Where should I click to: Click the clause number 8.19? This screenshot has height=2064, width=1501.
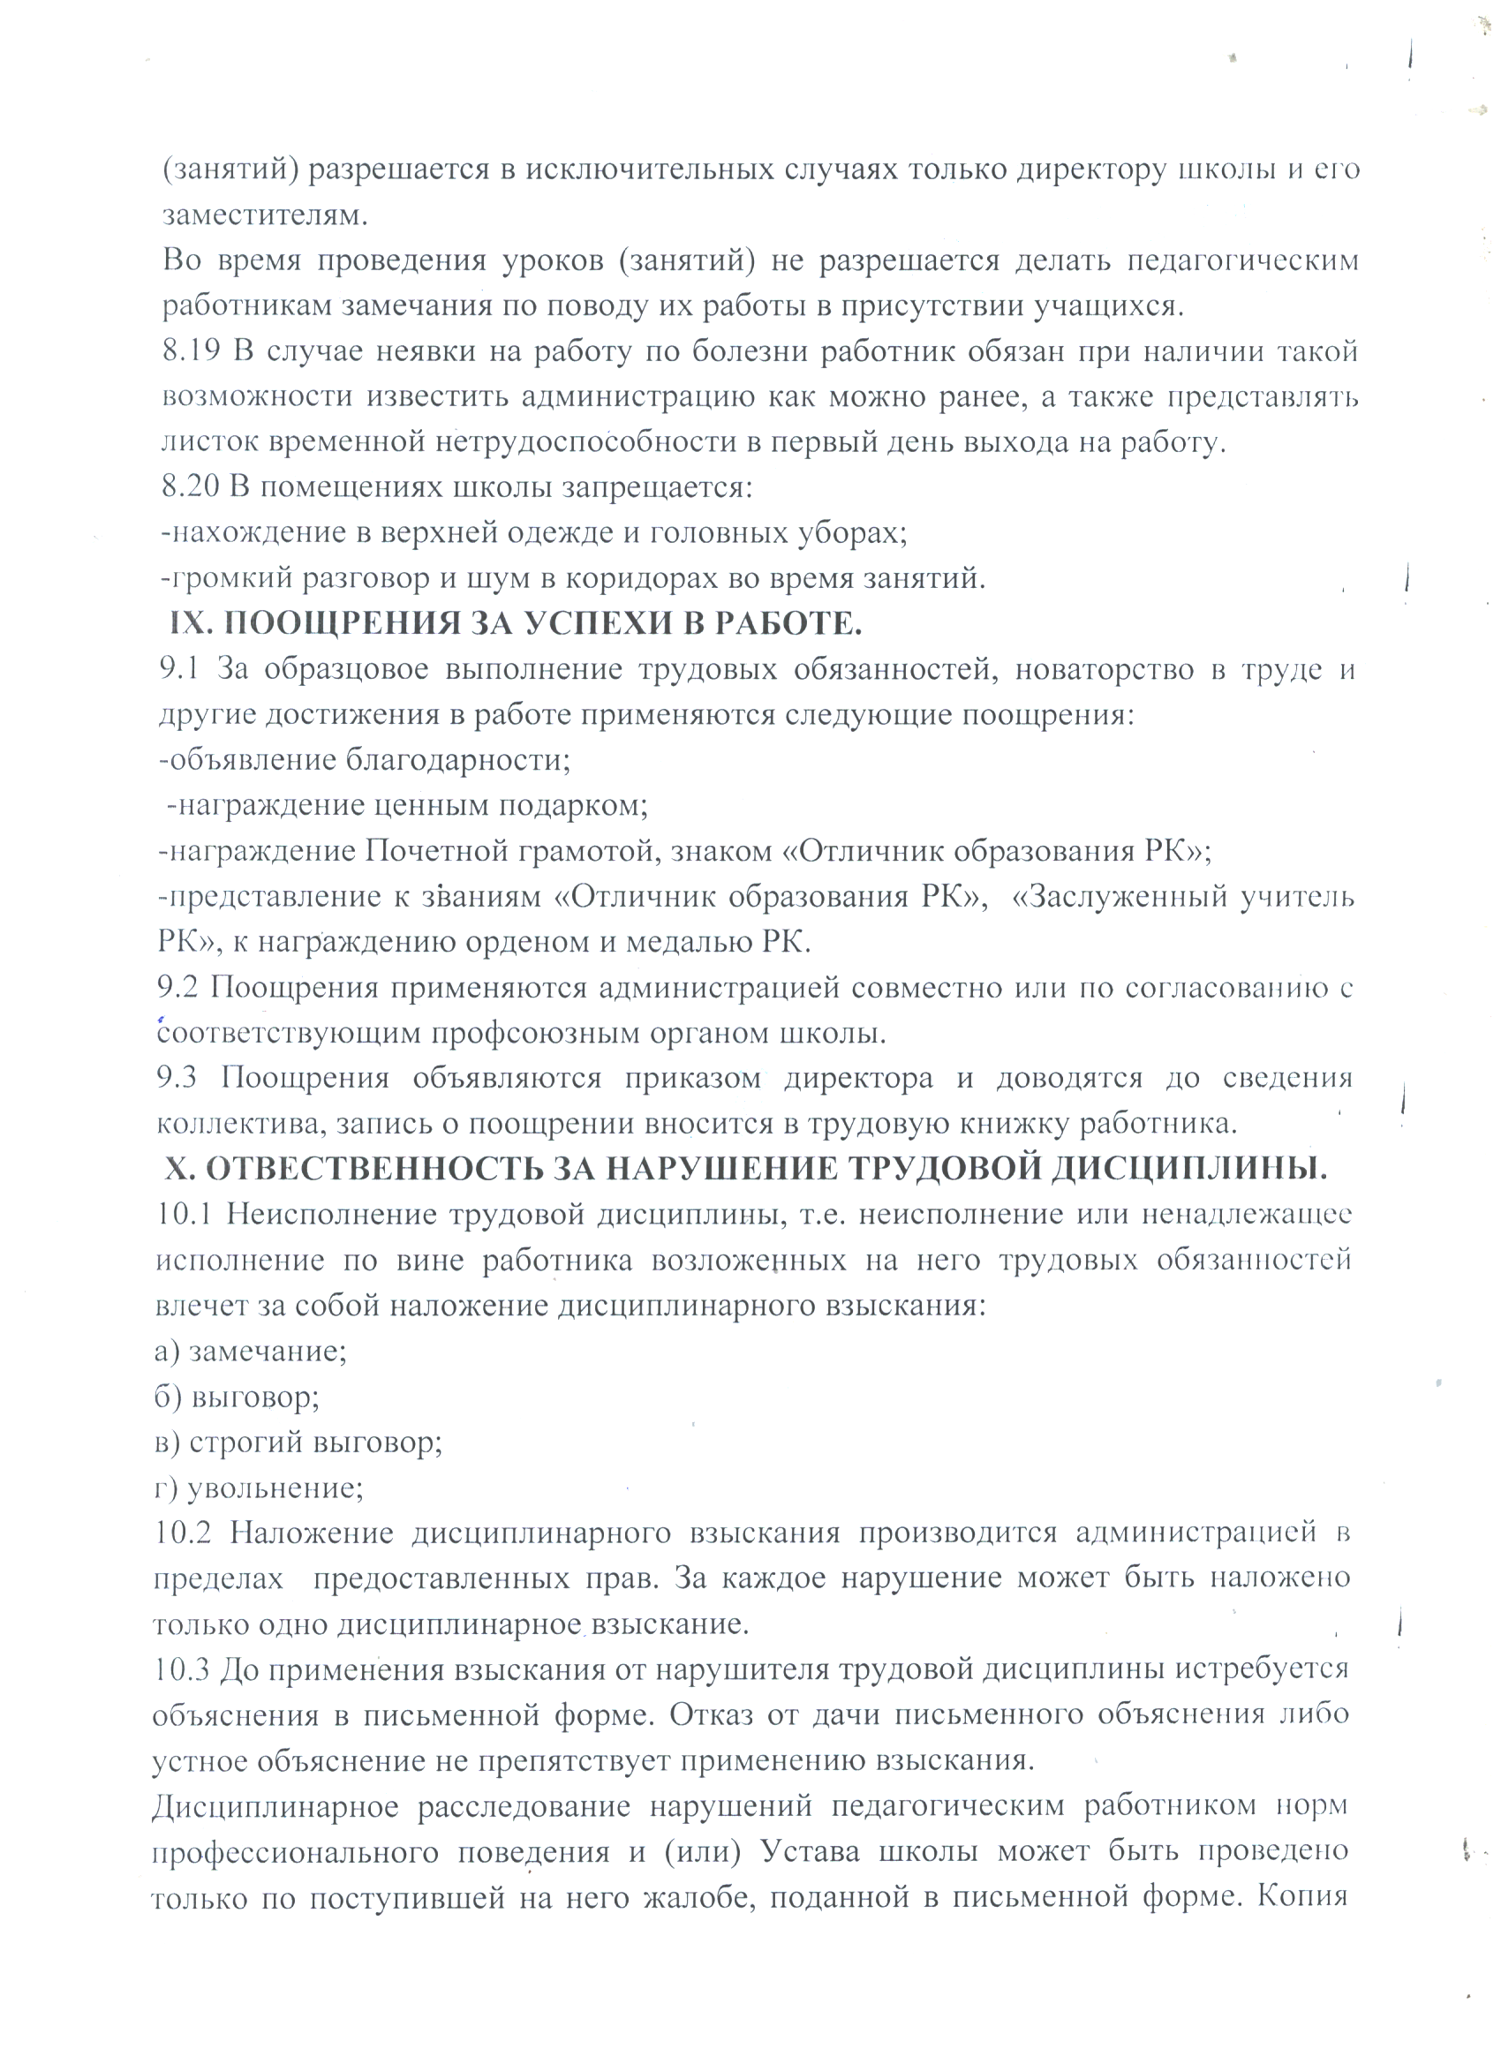[x=190, y=351]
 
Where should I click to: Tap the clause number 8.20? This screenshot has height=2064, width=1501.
[x=190, y=488]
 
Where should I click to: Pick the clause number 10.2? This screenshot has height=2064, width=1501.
[x=182, y=1532]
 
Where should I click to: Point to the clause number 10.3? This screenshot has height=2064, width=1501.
[x=182, y=1669]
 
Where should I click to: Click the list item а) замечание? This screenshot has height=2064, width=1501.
[x=251, y=1351]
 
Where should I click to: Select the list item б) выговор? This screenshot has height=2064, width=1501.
[x=237, y=1396]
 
